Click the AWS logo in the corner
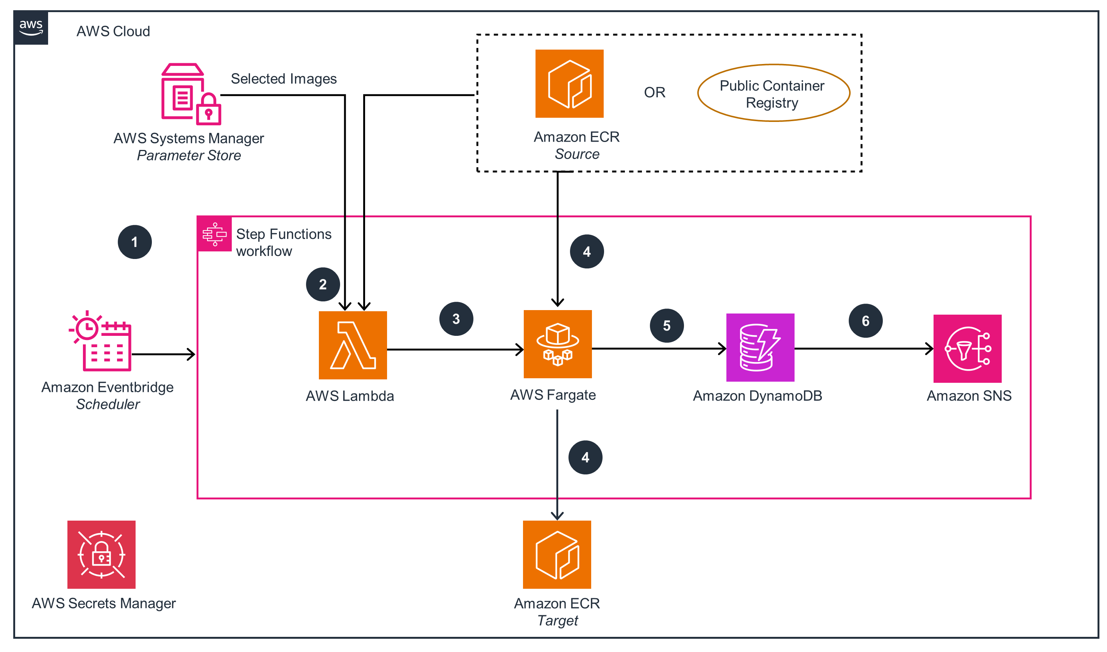[31, 28]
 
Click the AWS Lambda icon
[353, 345]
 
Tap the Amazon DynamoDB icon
[760, 347]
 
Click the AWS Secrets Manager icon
[101, 554]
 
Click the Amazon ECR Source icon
[569, 83]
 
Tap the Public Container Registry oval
[773, 93]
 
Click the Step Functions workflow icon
[214, 234]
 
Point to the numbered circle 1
[134, 242]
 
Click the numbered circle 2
[323, 284]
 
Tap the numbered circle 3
[456, 319]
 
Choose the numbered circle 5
[666, 326]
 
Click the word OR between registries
[654, 92]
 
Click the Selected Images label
[283, 79]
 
